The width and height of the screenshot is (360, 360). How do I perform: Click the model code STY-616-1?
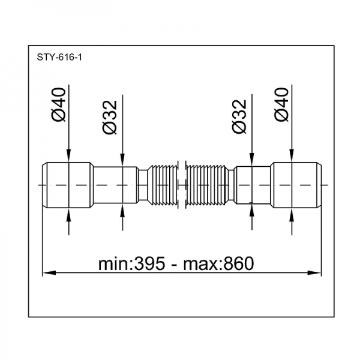click(x=59, y=57)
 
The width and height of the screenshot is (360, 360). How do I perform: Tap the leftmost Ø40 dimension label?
click(x=58, y=104)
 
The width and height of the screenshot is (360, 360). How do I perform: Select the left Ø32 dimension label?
click(x=110, y=117)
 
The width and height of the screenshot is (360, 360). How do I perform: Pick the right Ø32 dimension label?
click(x=239, y=116)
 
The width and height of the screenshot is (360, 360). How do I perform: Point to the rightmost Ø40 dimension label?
click(x=281, y=104)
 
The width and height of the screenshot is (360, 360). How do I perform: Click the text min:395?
click(x=131, y=263)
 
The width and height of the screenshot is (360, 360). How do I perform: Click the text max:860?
click(x=218, y=263)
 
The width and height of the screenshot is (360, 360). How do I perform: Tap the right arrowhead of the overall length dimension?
click(x=314, y=273)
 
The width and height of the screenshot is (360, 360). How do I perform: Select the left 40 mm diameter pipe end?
click(x=68, y=185)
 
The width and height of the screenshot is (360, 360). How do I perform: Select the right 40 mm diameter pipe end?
click(x=296, y=185)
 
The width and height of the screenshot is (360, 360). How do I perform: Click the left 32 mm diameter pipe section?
click(x=116, y=185)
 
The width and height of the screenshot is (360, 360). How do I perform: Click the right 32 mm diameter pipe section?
click(x=253, y=185)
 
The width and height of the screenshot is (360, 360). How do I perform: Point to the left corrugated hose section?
click(x=163, y=185)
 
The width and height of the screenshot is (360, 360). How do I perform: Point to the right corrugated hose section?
click(x=207, y=185)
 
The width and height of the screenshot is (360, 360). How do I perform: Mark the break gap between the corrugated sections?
click(x=182, y=185)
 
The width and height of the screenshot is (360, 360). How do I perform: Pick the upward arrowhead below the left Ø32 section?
click(x=122, y=210)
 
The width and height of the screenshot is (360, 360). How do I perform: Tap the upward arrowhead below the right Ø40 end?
click(x=292, y=214)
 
